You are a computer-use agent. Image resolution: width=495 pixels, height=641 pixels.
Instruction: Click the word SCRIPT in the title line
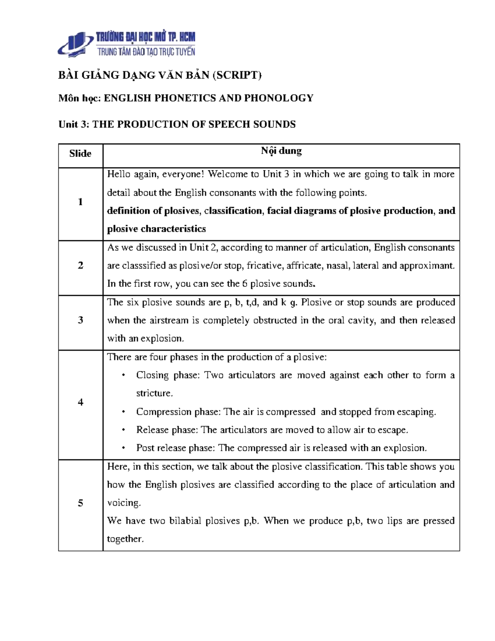click(x=237, y=75)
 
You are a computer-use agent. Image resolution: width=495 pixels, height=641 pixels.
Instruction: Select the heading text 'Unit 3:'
click(x=73, y=124)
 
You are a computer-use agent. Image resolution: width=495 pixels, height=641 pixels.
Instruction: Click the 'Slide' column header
click(x=80, y=154)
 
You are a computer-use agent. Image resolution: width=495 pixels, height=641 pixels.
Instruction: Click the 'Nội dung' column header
click(x=281, y=151)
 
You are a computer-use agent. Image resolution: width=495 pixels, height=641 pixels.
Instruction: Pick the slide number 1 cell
click(x=80, y=202)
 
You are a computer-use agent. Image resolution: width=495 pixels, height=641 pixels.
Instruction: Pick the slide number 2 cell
click(x=80, y=265)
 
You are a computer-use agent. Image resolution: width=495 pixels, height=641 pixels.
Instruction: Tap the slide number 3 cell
click(x=80, y=320)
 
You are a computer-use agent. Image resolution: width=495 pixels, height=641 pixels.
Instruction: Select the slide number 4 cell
click(x=80, y=402)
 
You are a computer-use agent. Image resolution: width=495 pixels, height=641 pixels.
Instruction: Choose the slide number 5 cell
click(x=80, y=503)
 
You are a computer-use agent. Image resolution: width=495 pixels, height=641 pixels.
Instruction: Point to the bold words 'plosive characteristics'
click(x=156, y=229)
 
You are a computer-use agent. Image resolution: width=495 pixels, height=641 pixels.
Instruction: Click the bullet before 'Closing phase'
click(x=123, y=375)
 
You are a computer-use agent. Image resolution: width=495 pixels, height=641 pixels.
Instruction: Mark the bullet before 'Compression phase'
click(x=123, y=412)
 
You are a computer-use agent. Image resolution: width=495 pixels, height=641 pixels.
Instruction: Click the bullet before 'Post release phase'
click(x=123, y=448)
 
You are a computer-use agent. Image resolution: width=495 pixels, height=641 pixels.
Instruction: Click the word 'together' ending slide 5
click(x=125, y=539)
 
